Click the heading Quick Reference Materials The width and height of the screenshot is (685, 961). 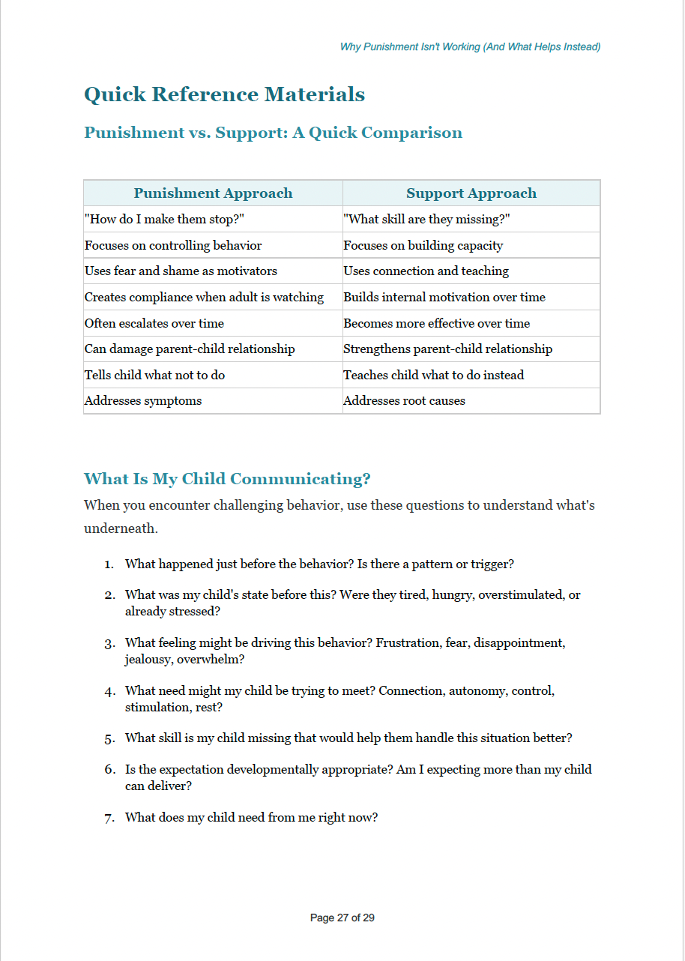[224, 94]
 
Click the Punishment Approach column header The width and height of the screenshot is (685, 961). [213, 193]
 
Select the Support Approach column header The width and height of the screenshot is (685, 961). [471, 193]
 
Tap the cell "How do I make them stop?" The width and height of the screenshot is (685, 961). [165, 220]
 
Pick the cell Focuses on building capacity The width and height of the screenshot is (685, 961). [423, 245]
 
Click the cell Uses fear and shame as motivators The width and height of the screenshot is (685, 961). [181, 271]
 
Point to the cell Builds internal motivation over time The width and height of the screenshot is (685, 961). [444, 297]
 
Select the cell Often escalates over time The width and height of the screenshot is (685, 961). [154, 323]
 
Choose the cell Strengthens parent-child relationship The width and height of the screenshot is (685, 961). [447, 349]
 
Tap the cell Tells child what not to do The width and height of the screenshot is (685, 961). [154, 375]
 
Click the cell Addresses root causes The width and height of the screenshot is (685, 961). [404, 400]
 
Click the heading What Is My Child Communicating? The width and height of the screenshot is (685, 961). [227, 478]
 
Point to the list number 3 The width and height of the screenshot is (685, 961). [109, 643]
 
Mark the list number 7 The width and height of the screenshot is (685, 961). [109, 818]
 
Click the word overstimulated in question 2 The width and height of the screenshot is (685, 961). [522, 594]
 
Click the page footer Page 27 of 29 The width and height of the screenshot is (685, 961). [342, 918]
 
